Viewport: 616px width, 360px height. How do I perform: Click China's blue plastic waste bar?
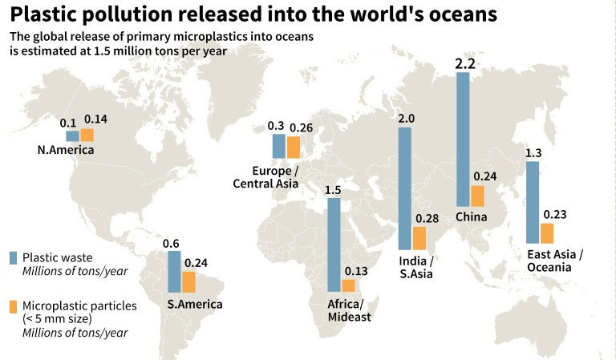[x=463, y=140]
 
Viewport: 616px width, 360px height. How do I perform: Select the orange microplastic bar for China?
[x=477, y=196]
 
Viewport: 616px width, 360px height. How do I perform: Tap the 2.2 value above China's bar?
[x=464, y=63]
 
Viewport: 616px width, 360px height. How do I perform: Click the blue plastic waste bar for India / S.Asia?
[x=405, y=188]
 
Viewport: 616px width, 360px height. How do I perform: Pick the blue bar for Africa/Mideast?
[x=334, y=244]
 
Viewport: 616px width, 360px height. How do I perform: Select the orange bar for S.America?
[x=188, y=281]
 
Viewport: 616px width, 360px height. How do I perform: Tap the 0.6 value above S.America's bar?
[x=171, y=244]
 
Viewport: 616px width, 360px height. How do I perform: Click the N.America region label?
[x=66, y=150]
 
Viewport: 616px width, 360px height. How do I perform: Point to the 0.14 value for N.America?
[x=95, y=119]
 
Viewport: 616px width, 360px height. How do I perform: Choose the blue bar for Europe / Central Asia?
[x=278, y=145]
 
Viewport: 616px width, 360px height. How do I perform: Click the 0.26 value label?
[x=302, y=127]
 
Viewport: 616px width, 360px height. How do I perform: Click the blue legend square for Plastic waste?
[x=13, y=257]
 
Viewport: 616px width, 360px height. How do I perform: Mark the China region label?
[x=470, y=217]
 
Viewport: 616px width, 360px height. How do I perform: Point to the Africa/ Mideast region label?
[x=346, y=310]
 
